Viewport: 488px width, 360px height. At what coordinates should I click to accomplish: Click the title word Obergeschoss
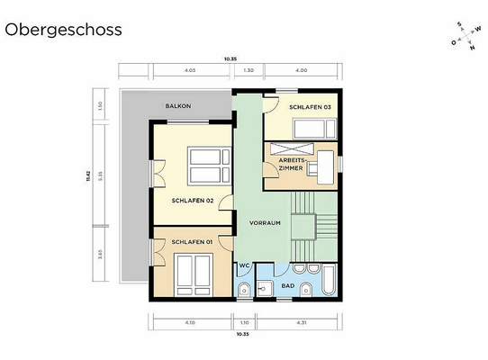[x=63, y=29]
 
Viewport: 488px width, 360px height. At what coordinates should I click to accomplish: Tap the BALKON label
[x=177, y=106]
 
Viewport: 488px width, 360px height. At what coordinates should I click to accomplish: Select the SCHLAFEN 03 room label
[x=310, y=107]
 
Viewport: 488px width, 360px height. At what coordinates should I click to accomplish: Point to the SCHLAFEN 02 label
[x=192, y=201]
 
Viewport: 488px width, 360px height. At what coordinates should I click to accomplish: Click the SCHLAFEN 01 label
[x=191, y=241]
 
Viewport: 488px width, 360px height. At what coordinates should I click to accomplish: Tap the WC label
[x=244, y=265]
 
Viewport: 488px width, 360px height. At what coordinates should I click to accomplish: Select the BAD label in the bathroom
[x=288, y=285]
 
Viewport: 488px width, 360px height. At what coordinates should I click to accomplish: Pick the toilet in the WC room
[x=244, y=288]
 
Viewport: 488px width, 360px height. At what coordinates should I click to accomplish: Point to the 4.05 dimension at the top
[x=190, y=69]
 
